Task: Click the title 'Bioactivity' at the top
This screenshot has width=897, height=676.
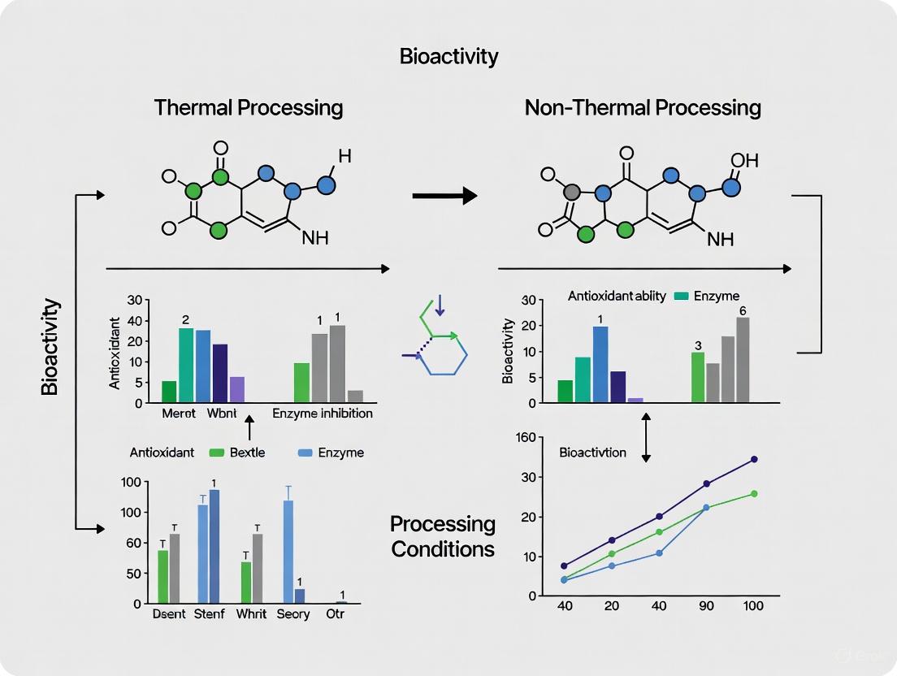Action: (448, 57)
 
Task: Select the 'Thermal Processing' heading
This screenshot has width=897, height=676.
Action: (249, 108)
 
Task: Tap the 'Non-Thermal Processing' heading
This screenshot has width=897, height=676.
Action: (642, 108)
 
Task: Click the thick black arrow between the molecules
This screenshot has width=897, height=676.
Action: (444, 196)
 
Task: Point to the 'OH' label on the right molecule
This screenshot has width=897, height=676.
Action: (744, 160)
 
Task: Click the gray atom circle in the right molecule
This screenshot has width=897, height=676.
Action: (574, 193)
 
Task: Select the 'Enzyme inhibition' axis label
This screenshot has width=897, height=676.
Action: (323, 414)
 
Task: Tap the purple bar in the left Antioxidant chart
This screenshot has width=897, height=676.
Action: (236, 389)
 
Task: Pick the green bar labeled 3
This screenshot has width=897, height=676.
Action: (698, 376)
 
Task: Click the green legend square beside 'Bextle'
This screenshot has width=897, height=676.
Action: (216, 453)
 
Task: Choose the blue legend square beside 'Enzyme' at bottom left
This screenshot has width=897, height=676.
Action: (305, 453)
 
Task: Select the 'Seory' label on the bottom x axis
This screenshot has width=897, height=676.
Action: (292, 614)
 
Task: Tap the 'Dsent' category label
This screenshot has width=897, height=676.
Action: (169, 614)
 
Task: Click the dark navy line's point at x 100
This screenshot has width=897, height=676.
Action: (754, 460)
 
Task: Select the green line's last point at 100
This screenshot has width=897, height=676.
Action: (754, 494)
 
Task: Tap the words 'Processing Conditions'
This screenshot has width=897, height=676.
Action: (443, 536)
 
